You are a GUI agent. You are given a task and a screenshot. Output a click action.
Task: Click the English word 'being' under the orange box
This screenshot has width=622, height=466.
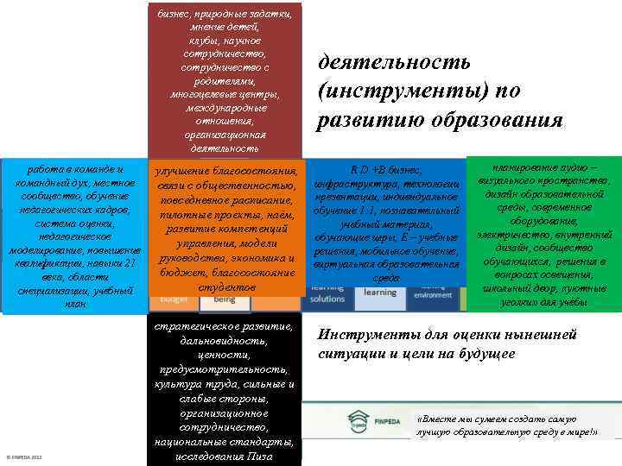(x=224, y=299)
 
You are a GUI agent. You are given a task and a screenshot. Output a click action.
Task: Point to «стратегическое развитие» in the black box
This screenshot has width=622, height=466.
(x=224, y=327)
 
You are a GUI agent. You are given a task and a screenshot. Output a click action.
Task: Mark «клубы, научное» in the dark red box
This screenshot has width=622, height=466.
(x=224, y=40)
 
